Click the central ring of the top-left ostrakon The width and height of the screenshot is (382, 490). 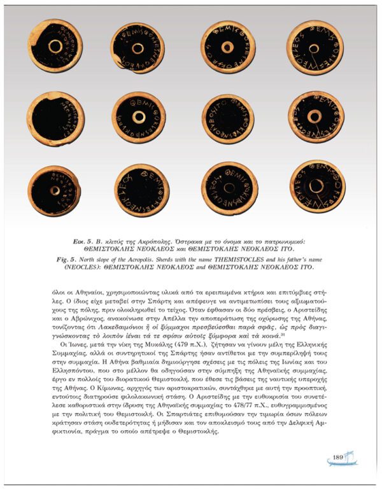55,47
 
